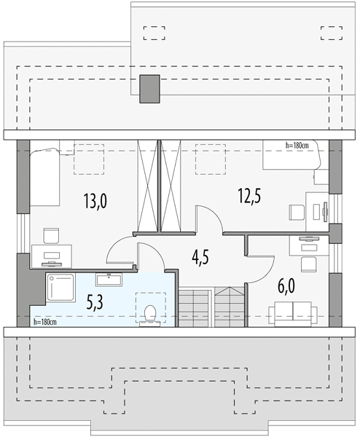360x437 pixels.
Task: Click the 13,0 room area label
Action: click(x=95, y=201)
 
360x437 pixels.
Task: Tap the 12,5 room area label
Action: click(x=249, y=196)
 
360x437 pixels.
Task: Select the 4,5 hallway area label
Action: click(x=200, y=257)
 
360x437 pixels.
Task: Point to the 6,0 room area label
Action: click(x=286, y=286)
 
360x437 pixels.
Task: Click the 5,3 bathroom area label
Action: click(x=95, y=302)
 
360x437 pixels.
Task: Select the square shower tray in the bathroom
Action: click(x=60, y=288)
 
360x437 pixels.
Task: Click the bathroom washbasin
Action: click(x=109, y=280)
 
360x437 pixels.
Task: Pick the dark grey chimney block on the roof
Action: click(x=149, y=89)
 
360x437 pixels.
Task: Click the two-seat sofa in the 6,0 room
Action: click(x=293, y=314)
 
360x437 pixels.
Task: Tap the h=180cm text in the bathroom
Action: click(x=45, y=322)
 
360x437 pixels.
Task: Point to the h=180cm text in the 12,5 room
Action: click(x=297, y=145)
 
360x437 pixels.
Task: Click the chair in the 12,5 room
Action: click(x=297, y=213)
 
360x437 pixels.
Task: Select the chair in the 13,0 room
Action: click(x=51, y=235)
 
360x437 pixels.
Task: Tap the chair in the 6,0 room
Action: click(x=309, y=264)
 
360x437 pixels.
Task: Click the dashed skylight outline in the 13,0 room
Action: click(x=89, y=160)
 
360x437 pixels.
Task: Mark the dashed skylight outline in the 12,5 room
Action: click(x=211, y=160)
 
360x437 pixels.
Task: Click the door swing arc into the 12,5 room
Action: click(x=215, y=213)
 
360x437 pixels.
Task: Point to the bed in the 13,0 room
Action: click(x=45, y=177)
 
